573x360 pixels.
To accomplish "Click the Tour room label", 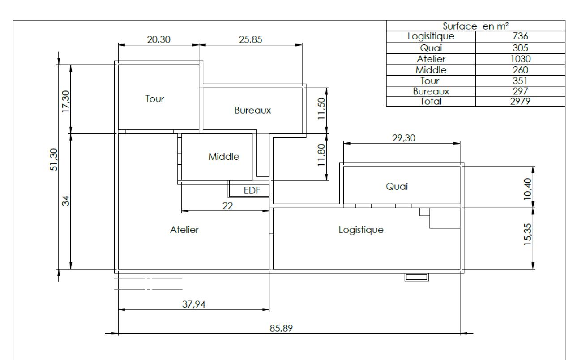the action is click(x=154, y=99).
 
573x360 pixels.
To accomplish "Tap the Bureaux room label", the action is click(x=252, y=110).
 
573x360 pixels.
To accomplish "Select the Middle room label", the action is click(x=223, y=157).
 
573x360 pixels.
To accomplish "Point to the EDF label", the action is click(x=252, y=190).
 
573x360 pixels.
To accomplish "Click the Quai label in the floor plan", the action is click(x=397, y=187).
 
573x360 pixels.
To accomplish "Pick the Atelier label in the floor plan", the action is click(x=184, y=230).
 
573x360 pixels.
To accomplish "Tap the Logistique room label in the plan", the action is click(x=361, y=230).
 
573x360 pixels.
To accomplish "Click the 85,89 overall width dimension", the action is click(x=281, y=328).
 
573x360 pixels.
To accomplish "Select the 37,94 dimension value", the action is click(x=194, y=304).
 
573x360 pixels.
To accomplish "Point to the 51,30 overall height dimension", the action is click(x=54, y=159).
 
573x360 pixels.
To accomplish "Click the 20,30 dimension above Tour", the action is click(x=158, y=40).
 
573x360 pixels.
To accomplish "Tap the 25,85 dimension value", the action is click(x=250, y=40).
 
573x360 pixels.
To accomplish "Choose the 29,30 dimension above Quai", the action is click(x=404, y=138).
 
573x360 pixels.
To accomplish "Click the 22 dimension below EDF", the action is click(x=227, y=206).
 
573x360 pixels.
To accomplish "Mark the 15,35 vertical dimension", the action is click(x=528, y=235).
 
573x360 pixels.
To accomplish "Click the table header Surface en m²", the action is click(x=475, y=26).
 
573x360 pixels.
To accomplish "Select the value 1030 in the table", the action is click(x=520, y=59).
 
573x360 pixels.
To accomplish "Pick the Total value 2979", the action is click(x=520, y=101).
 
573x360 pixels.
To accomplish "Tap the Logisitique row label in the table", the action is click(x=431, y=36).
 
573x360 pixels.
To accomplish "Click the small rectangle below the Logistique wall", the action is click(x=416, y=277).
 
